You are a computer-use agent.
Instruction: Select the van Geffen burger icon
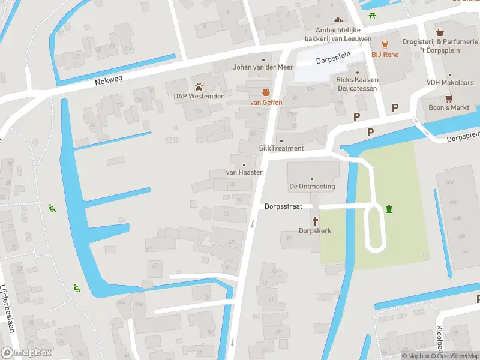265,92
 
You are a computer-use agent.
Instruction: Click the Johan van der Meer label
263,67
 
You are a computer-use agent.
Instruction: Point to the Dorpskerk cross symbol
315,220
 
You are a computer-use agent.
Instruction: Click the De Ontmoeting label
312,187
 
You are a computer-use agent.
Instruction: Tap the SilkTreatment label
281,148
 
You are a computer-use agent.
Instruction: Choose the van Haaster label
244,172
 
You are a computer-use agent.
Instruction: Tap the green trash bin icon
389,209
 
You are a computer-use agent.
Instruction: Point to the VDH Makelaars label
447,82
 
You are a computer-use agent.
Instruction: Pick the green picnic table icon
373,15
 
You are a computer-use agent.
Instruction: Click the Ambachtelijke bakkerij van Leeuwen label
345,34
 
